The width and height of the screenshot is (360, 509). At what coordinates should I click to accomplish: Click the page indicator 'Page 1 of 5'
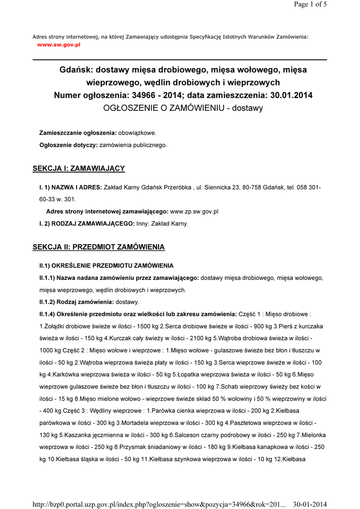click(x=310, y=4)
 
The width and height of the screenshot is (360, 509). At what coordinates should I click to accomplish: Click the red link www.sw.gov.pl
click(x=59, y=44)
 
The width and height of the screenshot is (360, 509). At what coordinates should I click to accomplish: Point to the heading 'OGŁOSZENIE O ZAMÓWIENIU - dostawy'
click(x=182, y=107)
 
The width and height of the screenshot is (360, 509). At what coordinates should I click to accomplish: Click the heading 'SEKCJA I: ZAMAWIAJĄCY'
click(x=79, y=169)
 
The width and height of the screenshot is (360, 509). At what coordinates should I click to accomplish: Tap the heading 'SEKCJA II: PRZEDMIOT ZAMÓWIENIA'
click(x=98, y=247)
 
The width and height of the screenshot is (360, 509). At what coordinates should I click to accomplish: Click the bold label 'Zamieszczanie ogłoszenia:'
click(x=78, y=133)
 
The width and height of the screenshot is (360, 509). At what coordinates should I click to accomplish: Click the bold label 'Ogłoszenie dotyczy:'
click(x=69, y=145)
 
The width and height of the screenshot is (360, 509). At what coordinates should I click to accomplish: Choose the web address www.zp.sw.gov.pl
click(x=194, y=211)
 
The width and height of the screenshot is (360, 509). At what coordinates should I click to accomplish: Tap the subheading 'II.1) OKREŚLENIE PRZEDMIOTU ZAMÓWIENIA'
click(x=106, y=266)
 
